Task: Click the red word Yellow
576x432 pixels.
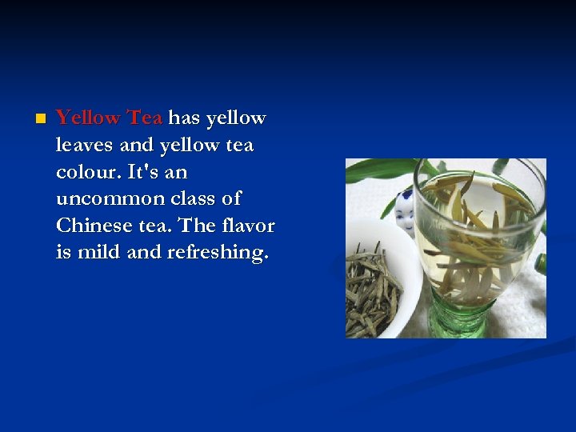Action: (x=88, y=118)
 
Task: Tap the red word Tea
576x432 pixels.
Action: (x=145, y=118)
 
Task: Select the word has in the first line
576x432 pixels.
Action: (x=184, y=118)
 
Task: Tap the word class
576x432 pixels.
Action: (x=194, y=198)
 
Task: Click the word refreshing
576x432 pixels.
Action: (x=218, y=253)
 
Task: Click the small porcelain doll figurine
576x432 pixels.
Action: (x=405, y=210)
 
